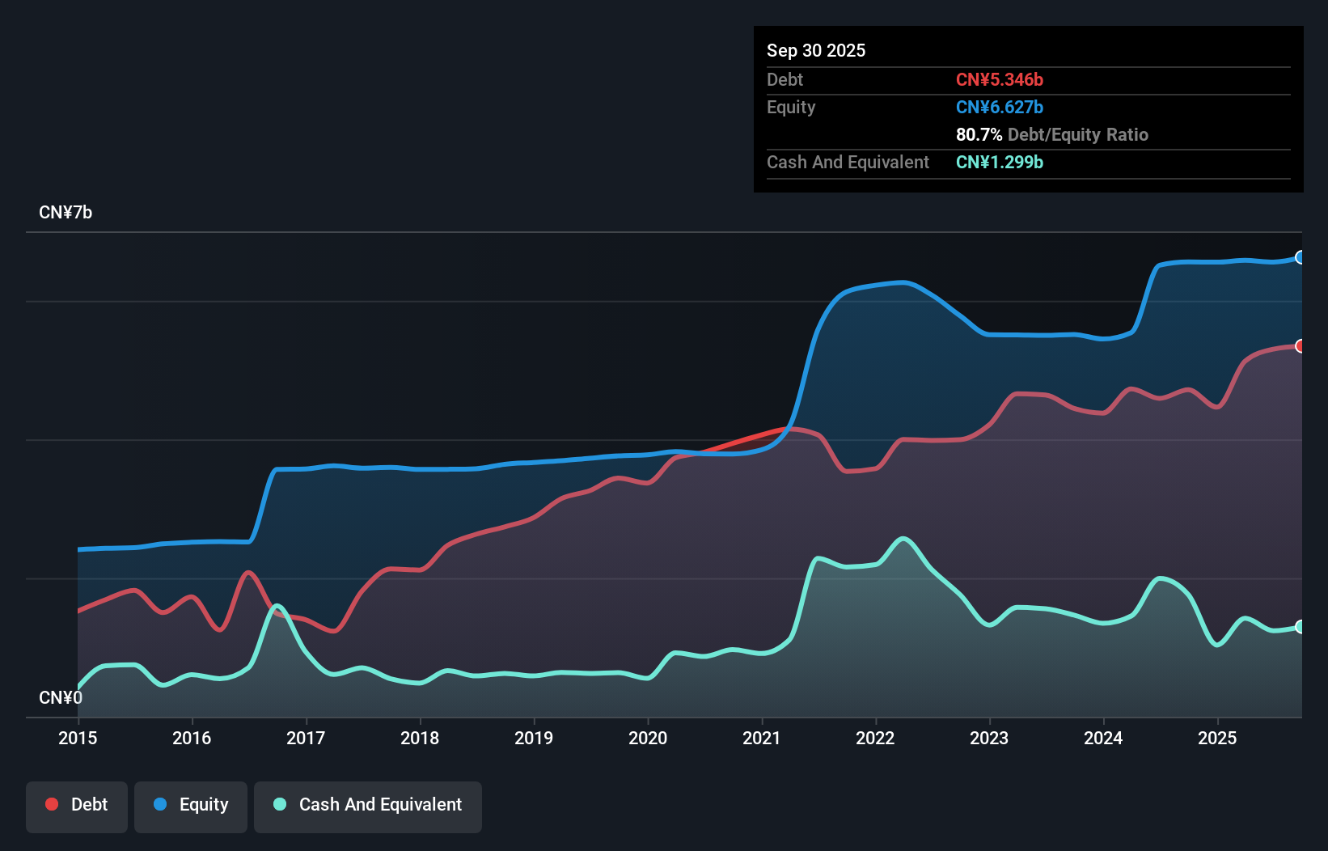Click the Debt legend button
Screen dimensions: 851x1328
tap(77, 805)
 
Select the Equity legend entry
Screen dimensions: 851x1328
tap(191, 805)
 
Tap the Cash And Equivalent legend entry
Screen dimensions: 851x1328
tap(368, 805)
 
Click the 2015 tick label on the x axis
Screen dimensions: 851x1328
tap(78, 738)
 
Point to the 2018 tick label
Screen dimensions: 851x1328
tap(420, 738)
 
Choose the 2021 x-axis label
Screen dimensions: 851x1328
tap(762, 738)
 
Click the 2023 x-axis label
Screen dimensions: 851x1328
tap(989, 738)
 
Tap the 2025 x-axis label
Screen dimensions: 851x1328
tap(1217, 738)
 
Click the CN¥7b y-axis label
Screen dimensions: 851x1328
tap(66, 213)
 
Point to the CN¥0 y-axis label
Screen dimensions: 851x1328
tap(61, 697)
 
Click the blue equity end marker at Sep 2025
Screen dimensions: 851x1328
tap(1301, 257)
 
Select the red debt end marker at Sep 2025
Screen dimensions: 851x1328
tap(1301, 346)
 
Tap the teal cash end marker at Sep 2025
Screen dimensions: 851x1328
tap(1301, 627)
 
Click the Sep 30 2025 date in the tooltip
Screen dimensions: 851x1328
tap(816, 50)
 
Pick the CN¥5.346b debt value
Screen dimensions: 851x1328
tap(1000, 79)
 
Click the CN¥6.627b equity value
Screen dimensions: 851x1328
tap(1000, 107)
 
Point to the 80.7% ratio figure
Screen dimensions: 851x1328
tap(979, 134)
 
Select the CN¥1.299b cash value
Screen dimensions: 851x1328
tap(1000, 162)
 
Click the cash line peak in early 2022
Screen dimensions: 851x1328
tap(903, 538)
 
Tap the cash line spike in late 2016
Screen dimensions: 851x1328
tap(277, 605)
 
